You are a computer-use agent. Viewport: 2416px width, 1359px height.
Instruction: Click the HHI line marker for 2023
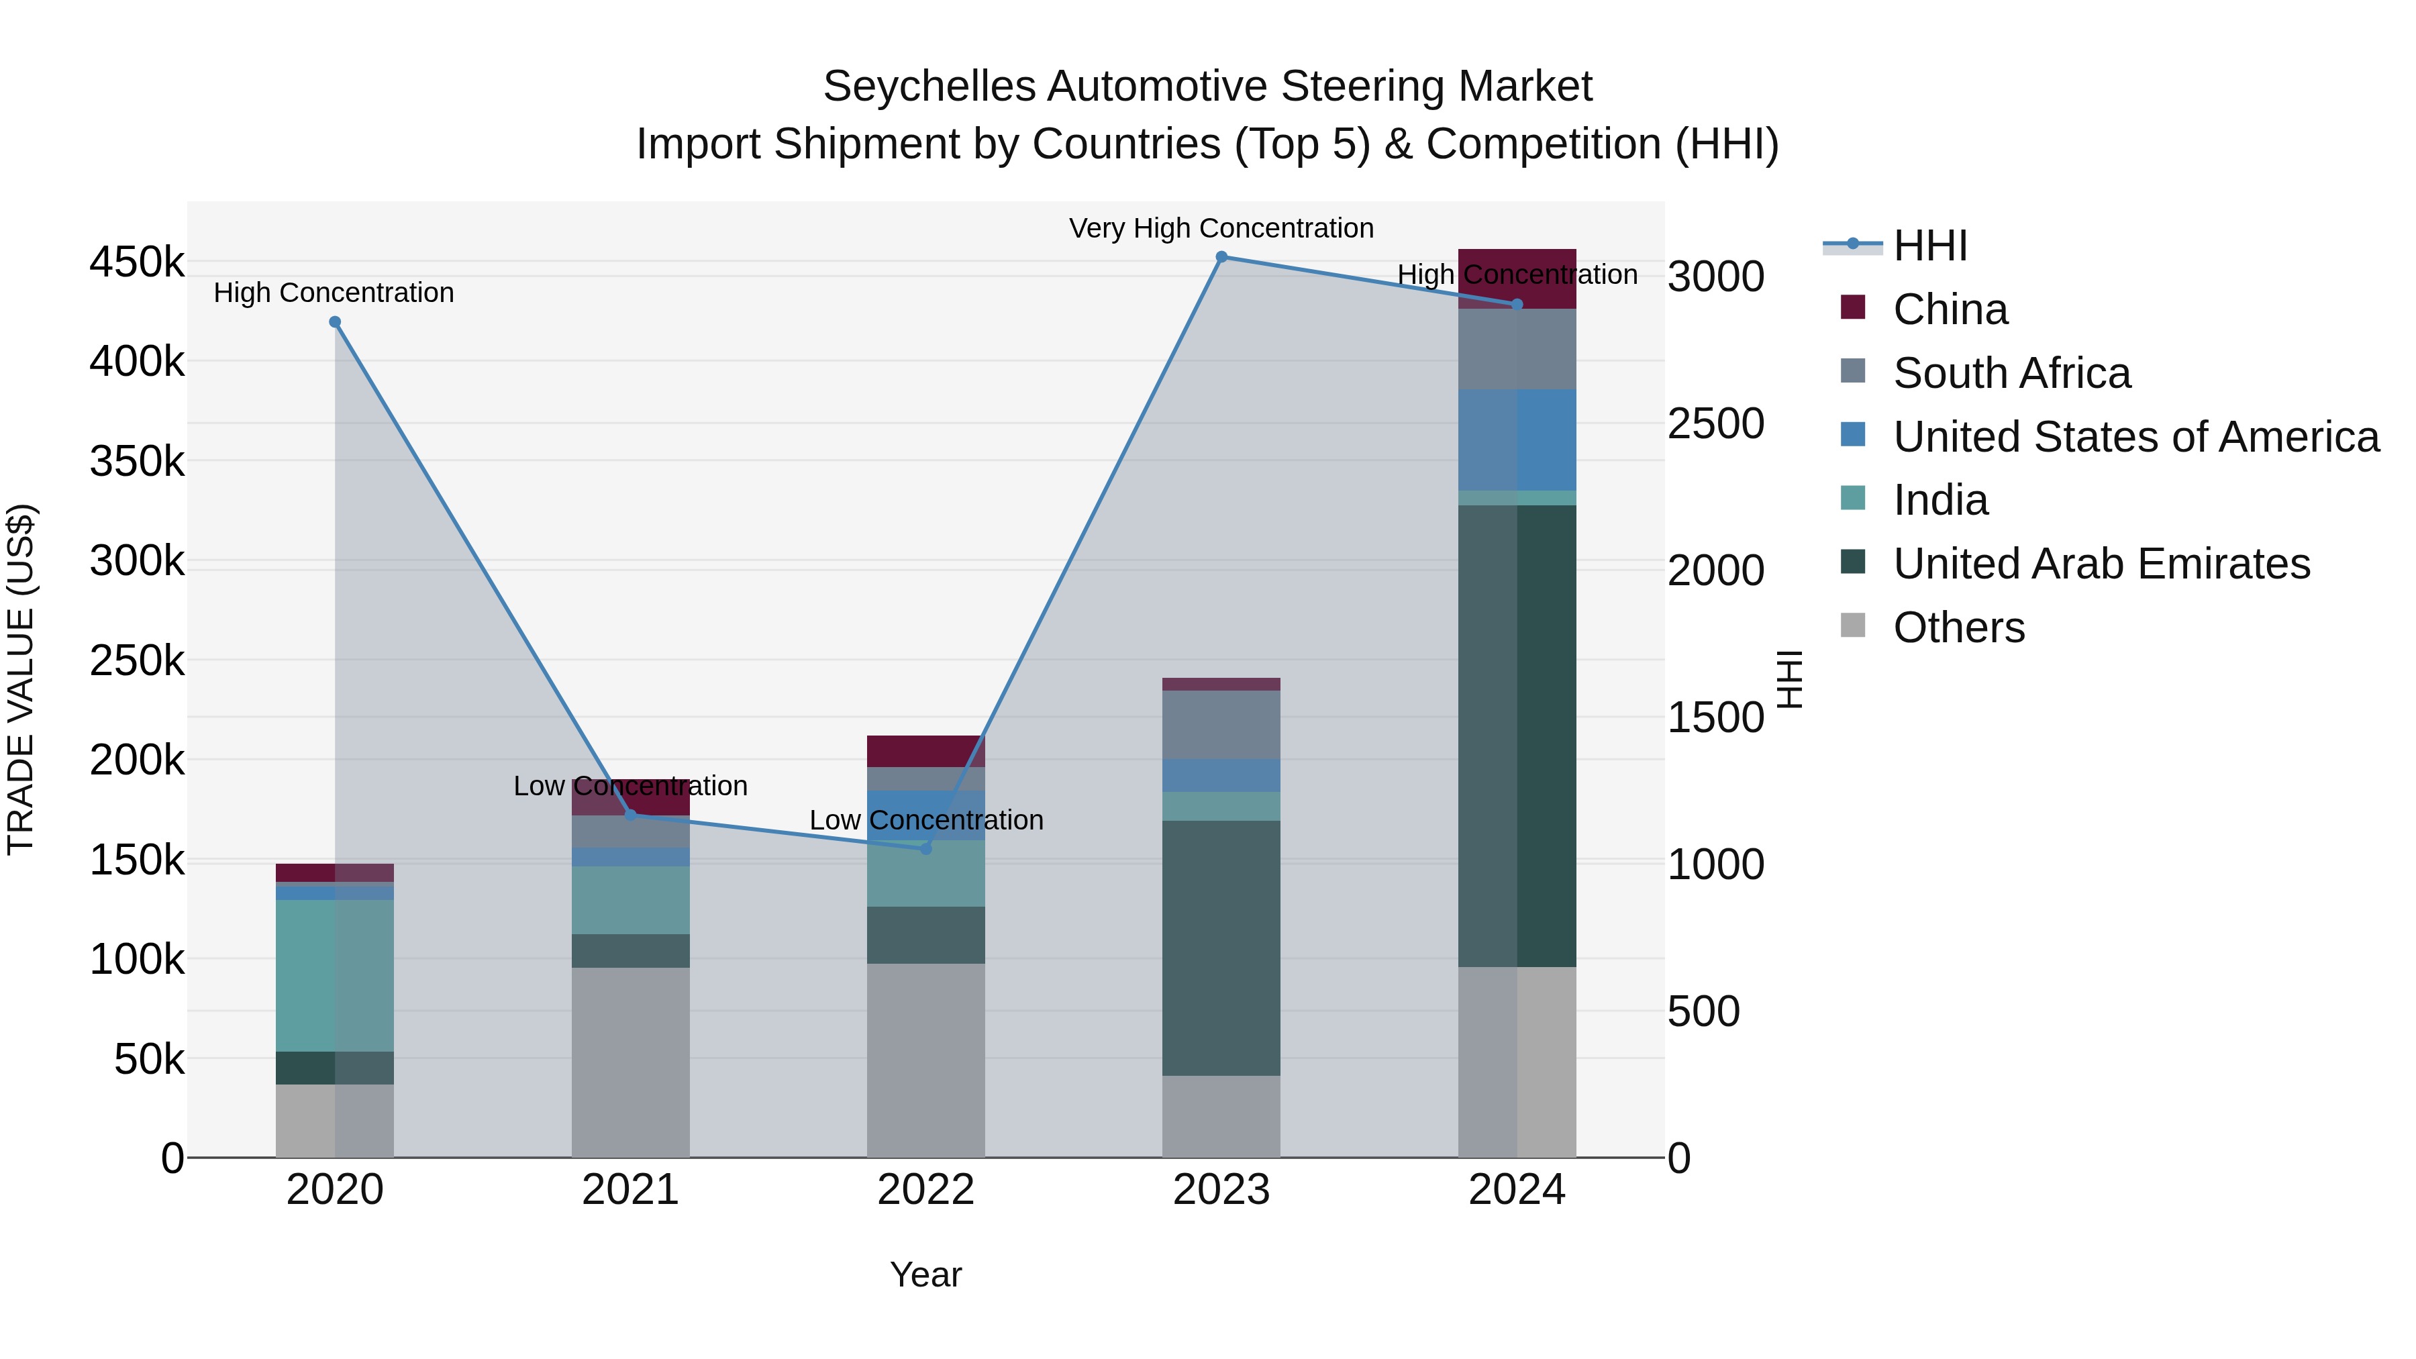click(x=1221, y=257)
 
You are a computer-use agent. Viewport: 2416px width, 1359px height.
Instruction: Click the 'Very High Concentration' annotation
click(x=1221, y=228)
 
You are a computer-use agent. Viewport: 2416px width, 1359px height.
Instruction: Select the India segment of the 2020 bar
click(x=335, y=975)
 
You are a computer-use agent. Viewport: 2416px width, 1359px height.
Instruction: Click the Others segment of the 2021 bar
click(x=630, y=1062)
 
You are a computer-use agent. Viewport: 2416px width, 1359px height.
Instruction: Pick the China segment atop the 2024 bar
click(x=1517, y=279)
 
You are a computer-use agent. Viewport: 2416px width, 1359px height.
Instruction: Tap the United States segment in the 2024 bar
click(x=1517, y=440)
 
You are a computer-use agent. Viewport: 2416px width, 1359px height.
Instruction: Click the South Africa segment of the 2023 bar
click(x=1221, y=725)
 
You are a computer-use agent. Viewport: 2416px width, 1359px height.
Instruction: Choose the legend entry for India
click(x=1940, y=500)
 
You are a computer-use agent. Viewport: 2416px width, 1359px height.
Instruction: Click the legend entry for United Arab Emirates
click(x=2101, y=564)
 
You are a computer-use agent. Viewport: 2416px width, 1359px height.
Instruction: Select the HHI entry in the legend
click(x=1929, y=246)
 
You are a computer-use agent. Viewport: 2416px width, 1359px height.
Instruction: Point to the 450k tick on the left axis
click(x=137, y=262)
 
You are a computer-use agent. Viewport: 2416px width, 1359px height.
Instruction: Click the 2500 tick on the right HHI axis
click(x=1715, y=424)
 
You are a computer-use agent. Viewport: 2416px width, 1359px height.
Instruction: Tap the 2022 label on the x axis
click(x=925, y=1190)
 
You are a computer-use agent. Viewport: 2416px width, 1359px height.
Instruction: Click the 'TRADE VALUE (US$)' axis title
click(x=21, y=679)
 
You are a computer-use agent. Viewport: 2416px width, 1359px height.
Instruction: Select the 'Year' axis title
click(x=925, y=1274)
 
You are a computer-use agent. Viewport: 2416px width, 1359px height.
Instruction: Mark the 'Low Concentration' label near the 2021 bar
click(x=630, y=786)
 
